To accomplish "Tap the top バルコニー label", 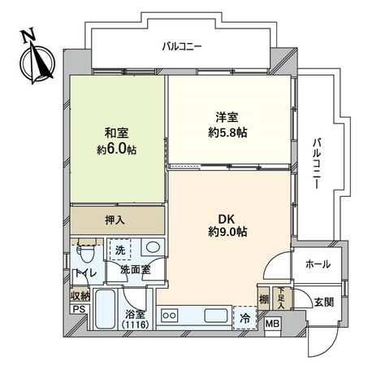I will tap(180, 46).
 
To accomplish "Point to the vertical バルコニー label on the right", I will tap(315, 162).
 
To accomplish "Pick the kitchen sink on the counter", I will tap(216, 315).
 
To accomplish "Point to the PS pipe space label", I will tap(78, 310).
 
